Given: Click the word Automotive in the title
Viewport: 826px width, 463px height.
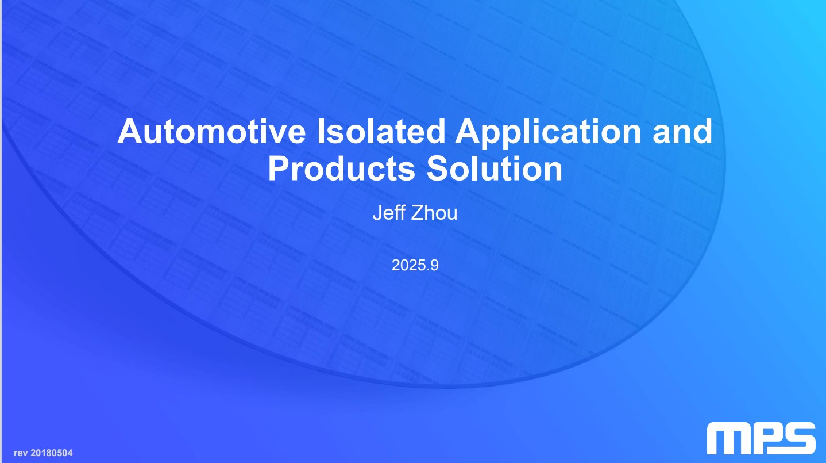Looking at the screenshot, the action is coord(211,131).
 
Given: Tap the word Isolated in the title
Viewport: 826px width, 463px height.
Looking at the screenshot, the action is coord(381,131).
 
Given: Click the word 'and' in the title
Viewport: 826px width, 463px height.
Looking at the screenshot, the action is coord(682,131).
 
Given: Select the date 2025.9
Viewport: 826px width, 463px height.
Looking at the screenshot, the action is coord(415,265).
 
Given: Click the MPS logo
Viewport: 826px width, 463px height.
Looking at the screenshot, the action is coord(761,438).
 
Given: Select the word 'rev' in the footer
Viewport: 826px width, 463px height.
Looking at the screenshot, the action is coord(20,453).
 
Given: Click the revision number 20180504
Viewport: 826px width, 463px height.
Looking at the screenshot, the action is coord(51,453).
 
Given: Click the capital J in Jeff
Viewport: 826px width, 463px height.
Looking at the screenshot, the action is coord(378,213).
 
